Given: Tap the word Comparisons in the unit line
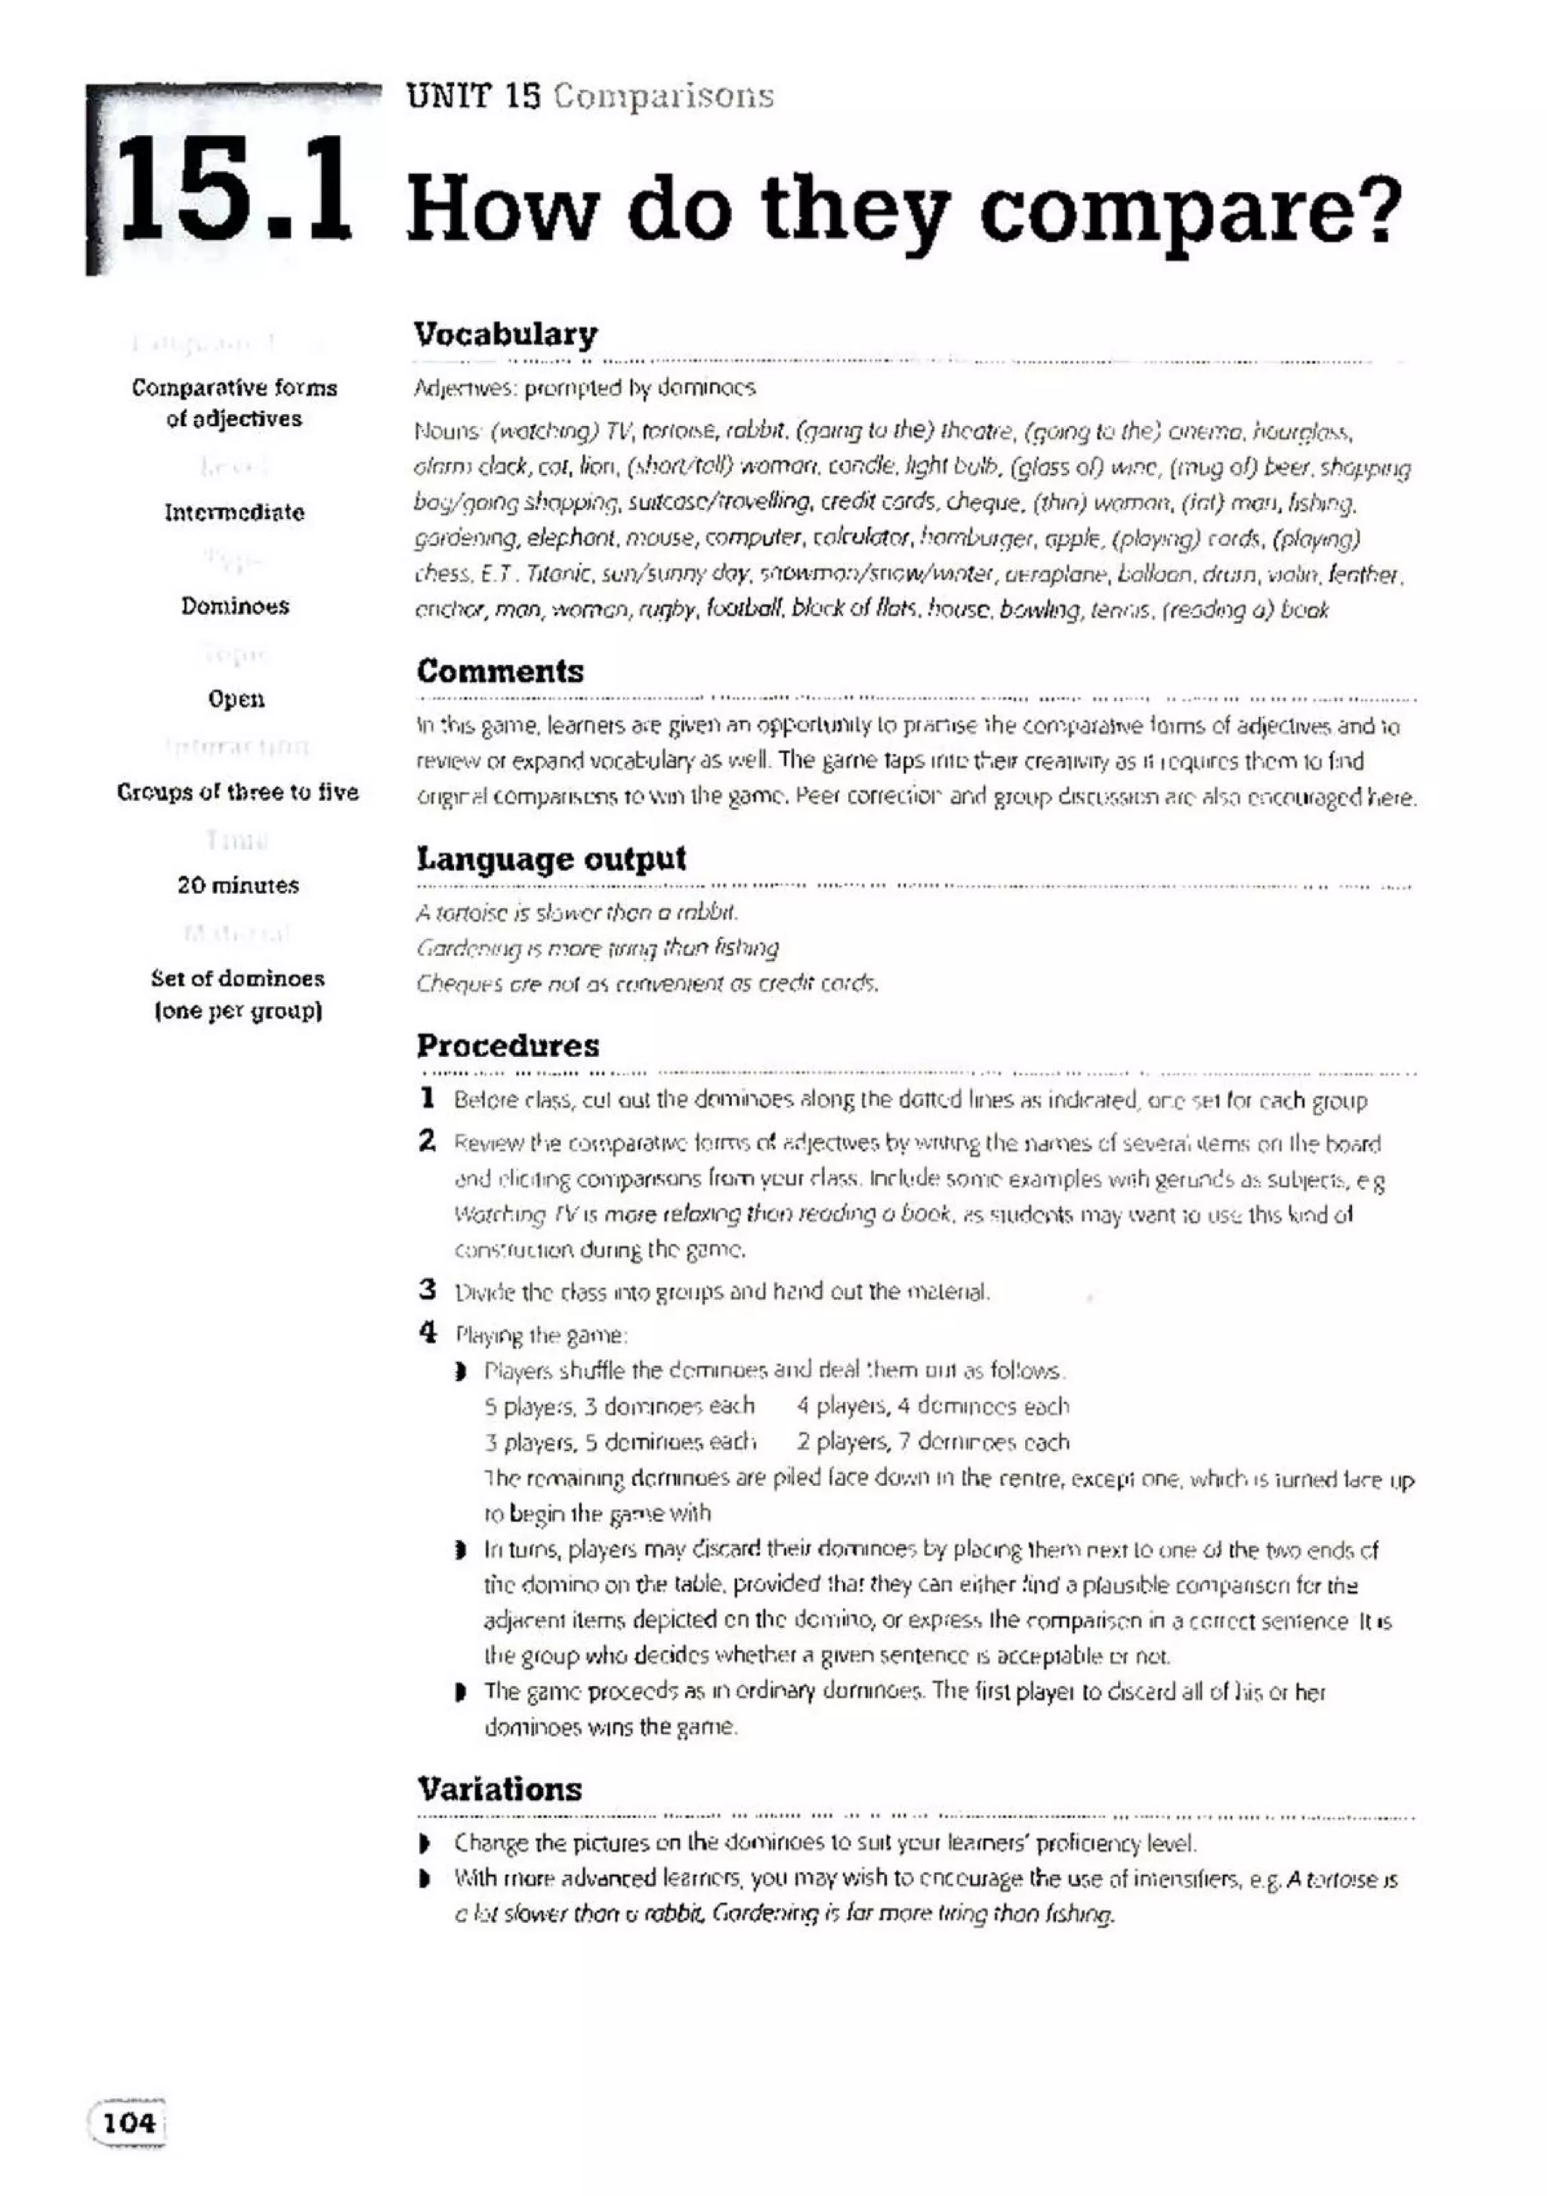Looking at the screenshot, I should point(662,96).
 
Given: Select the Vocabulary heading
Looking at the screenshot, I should point(505,334).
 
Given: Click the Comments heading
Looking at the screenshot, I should point(499,671).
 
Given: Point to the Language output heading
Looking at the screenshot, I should point(551,858).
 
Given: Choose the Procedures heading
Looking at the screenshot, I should point(508,1045).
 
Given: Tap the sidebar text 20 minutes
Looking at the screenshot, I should point(238,885).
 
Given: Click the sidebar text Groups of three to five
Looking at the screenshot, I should point(237,792).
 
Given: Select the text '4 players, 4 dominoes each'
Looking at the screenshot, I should point(932,1406).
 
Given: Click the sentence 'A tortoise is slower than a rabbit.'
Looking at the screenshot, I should point(576,913).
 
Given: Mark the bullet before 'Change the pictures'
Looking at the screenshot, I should point(425,1842).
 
